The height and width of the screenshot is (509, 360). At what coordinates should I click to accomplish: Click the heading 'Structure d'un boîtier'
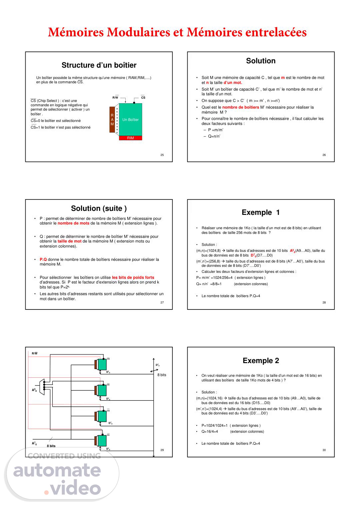click(99, 65)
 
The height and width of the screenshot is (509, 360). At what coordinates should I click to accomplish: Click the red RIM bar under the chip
click(130, 138)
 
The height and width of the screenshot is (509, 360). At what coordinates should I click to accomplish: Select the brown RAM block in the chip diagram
click(112, 120)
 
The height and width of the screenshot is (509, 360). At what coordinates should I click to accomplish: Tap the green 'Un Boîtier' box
click(130, 120)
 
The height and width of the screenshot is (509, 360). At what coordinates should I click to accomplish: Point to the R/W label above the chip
click(115, 98)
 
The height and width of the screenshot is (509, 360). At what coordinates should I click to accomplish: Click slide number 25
click(162, 155)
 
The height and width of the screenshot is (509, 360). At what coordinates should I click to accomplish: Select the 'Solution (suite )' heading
click(99, 209)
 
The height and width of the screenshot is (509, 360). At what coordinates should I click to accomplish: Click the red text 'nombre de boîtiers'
click(240, 107)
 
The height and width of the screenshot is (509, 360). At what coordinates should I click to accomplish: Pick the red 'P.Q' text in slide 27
click(43, 259)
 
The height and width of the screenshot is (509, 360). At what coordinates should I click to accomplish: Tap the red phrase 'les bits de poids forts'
click(133, 277)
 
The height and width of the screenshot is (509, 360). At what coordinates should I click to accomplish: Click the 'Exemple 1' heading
click(261, 213)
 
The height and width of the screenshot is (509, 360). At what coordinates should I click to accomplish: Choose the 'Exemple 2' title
click(261, 361)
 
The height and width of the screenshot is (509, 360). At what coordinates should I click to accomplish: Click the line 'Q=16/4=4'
click(210, 432)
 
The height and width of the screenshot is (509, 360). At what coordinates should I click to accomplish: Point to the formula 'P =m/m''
click(216, 130)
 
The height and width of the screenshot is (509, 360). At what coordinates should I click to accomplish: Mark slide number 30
click(324, 450)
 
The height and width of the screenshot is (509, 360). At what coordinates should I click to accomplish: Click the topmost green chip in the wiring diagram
click(102, 364)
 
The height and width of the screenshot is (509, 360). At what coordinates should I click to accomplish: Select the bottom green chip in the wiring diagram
click(102, 441)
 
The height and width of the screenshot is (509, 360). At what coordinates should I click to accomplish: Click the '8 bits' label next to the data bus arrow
click(162, 375)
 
